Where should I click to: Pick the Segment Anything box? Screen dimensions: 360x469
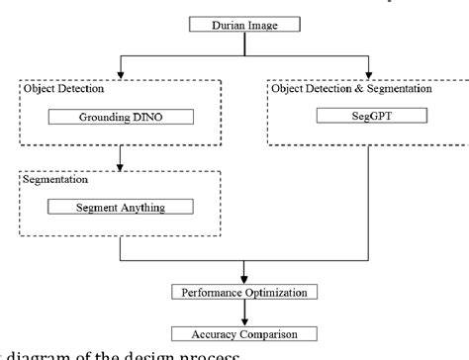121,208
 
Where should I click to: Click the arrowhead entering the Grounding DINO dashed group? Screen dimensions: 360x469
120,74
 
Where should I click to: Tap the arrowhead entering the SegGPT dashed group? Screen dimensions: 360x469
370,74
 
